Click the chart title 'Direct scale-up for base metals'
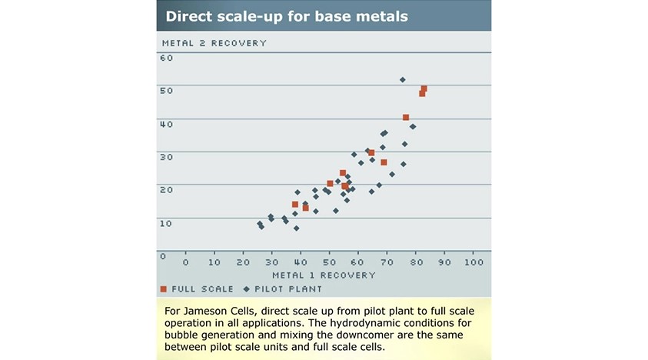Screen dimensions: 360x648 (x=287, y=15)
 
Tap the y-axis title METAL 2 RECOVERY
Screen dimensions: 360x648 (x=214, y=43)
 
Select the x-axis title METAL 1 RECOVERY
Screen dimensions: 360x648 (x=324, y=275)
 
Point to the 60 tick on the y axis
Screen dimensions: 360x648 (x=167, y=58)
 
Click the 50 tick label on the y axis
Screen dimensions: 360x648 (x=167, y=90)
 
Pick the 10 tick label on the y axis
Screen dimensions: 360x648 (x=167, y=222)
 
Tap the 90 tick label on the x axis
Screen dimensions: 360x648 (x=444, y=262)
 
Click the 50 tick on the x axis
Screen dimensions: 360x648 (x=329, y=262)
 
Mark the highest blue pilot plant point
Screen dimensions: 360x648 (x=402, y=79)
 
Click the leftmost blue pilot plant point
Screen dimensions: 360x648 (x=259, y=224)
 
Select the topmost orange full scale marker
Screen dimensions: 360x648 (x=424, y=88)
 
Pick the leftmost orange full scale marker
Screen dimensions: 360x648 (x=295, y=205)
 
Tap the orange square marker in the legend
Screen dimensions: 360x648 (x=164, y=289)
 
